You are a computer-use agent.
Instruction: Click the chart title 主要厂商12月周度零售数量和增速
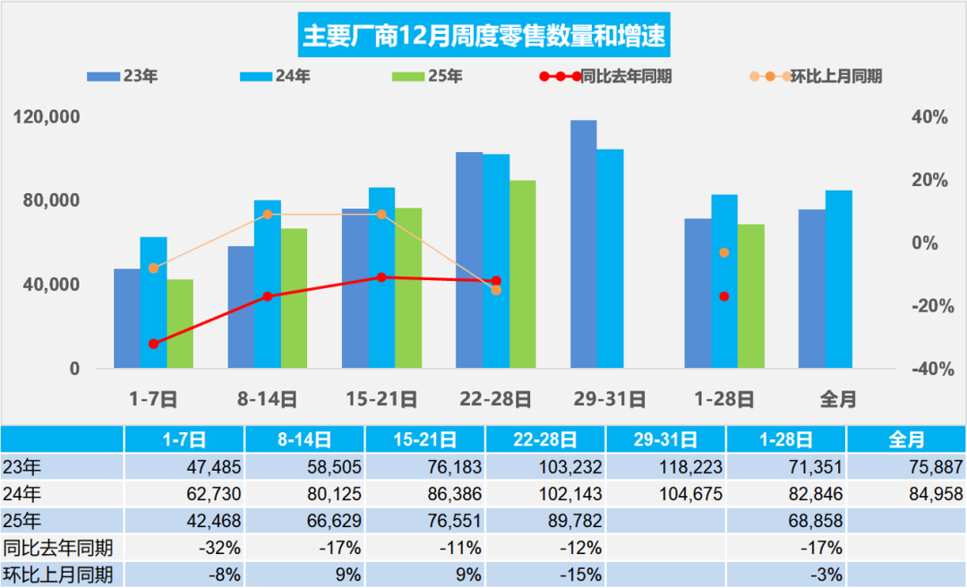pos(483,36)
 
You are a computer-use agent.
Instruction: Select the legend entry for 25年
pos(428,77)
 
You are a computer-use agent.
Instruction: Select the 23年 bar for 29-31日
pos(584,244)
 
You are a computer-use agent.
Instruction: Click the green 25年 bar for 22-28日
pos(523,274)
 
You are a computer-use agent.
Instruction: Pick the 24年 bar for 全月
pos(839,279)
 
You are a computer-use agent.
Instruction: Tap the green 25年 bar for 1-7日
pos(180,324)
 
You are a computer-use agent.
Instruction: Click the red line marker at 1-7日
pos(153,344)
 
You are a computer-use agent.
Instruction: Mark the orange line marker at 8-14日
pos(267,215)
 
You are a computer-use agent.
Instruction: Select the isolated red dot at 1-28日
pos(724,296)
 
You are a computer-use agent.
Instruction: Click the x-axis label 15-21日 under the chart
pos(381,399)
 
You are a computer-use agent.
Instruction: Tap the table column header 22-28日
pos(545,439)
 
